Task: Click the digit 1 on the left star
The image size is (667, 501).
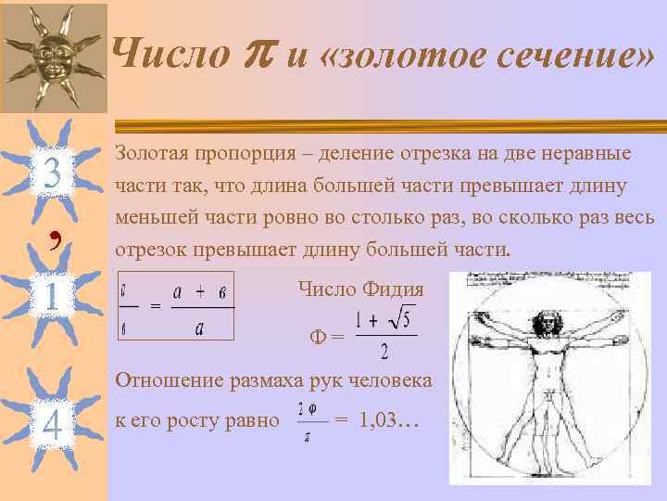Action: (52, 296)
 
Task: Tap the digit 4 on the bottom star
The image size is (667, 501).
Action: (52, 424)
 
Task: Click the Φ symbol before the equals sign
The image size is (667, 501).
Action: (317, 339)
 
